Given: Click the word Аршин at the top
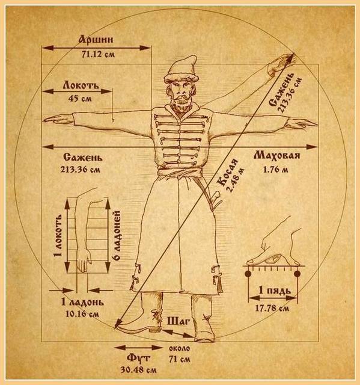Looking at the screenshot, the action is [96, 39].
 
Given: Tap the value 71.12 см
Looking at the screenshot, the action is [98, 54].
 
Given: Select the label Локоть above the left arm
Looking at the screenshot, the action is [81, 85].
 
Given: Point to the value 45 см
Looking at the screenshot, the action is [80, 99].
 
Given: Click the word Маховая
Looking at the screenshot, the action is [277, 156].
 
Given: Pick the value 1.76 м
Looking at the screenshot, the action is [276, 170].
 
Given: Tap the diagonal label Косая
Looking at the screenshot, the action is [228, 173].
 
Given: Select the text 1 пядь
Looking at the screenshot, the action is [275, 291].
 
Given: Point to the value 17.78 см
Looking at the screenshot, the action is [272, 308].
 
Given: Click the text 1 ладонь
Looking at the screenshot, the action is [82, 302].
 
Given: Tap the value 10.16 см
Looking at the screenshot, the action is [82, 313].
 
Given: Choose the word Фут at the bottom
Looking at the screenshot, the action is [138, 359].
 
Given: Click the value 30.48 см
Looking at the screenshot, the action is [138, 370].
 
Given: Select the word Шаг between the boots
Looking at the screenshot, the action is [178, 321].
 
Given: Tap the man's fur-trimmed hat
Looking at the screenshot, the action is [182, 69].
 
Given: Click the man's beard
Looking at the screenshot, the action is [181, 105].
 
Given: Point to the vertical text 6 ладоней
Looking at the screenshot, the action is [117, 235].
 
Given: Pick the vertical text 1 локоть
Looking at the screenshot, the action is [59, 235].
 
